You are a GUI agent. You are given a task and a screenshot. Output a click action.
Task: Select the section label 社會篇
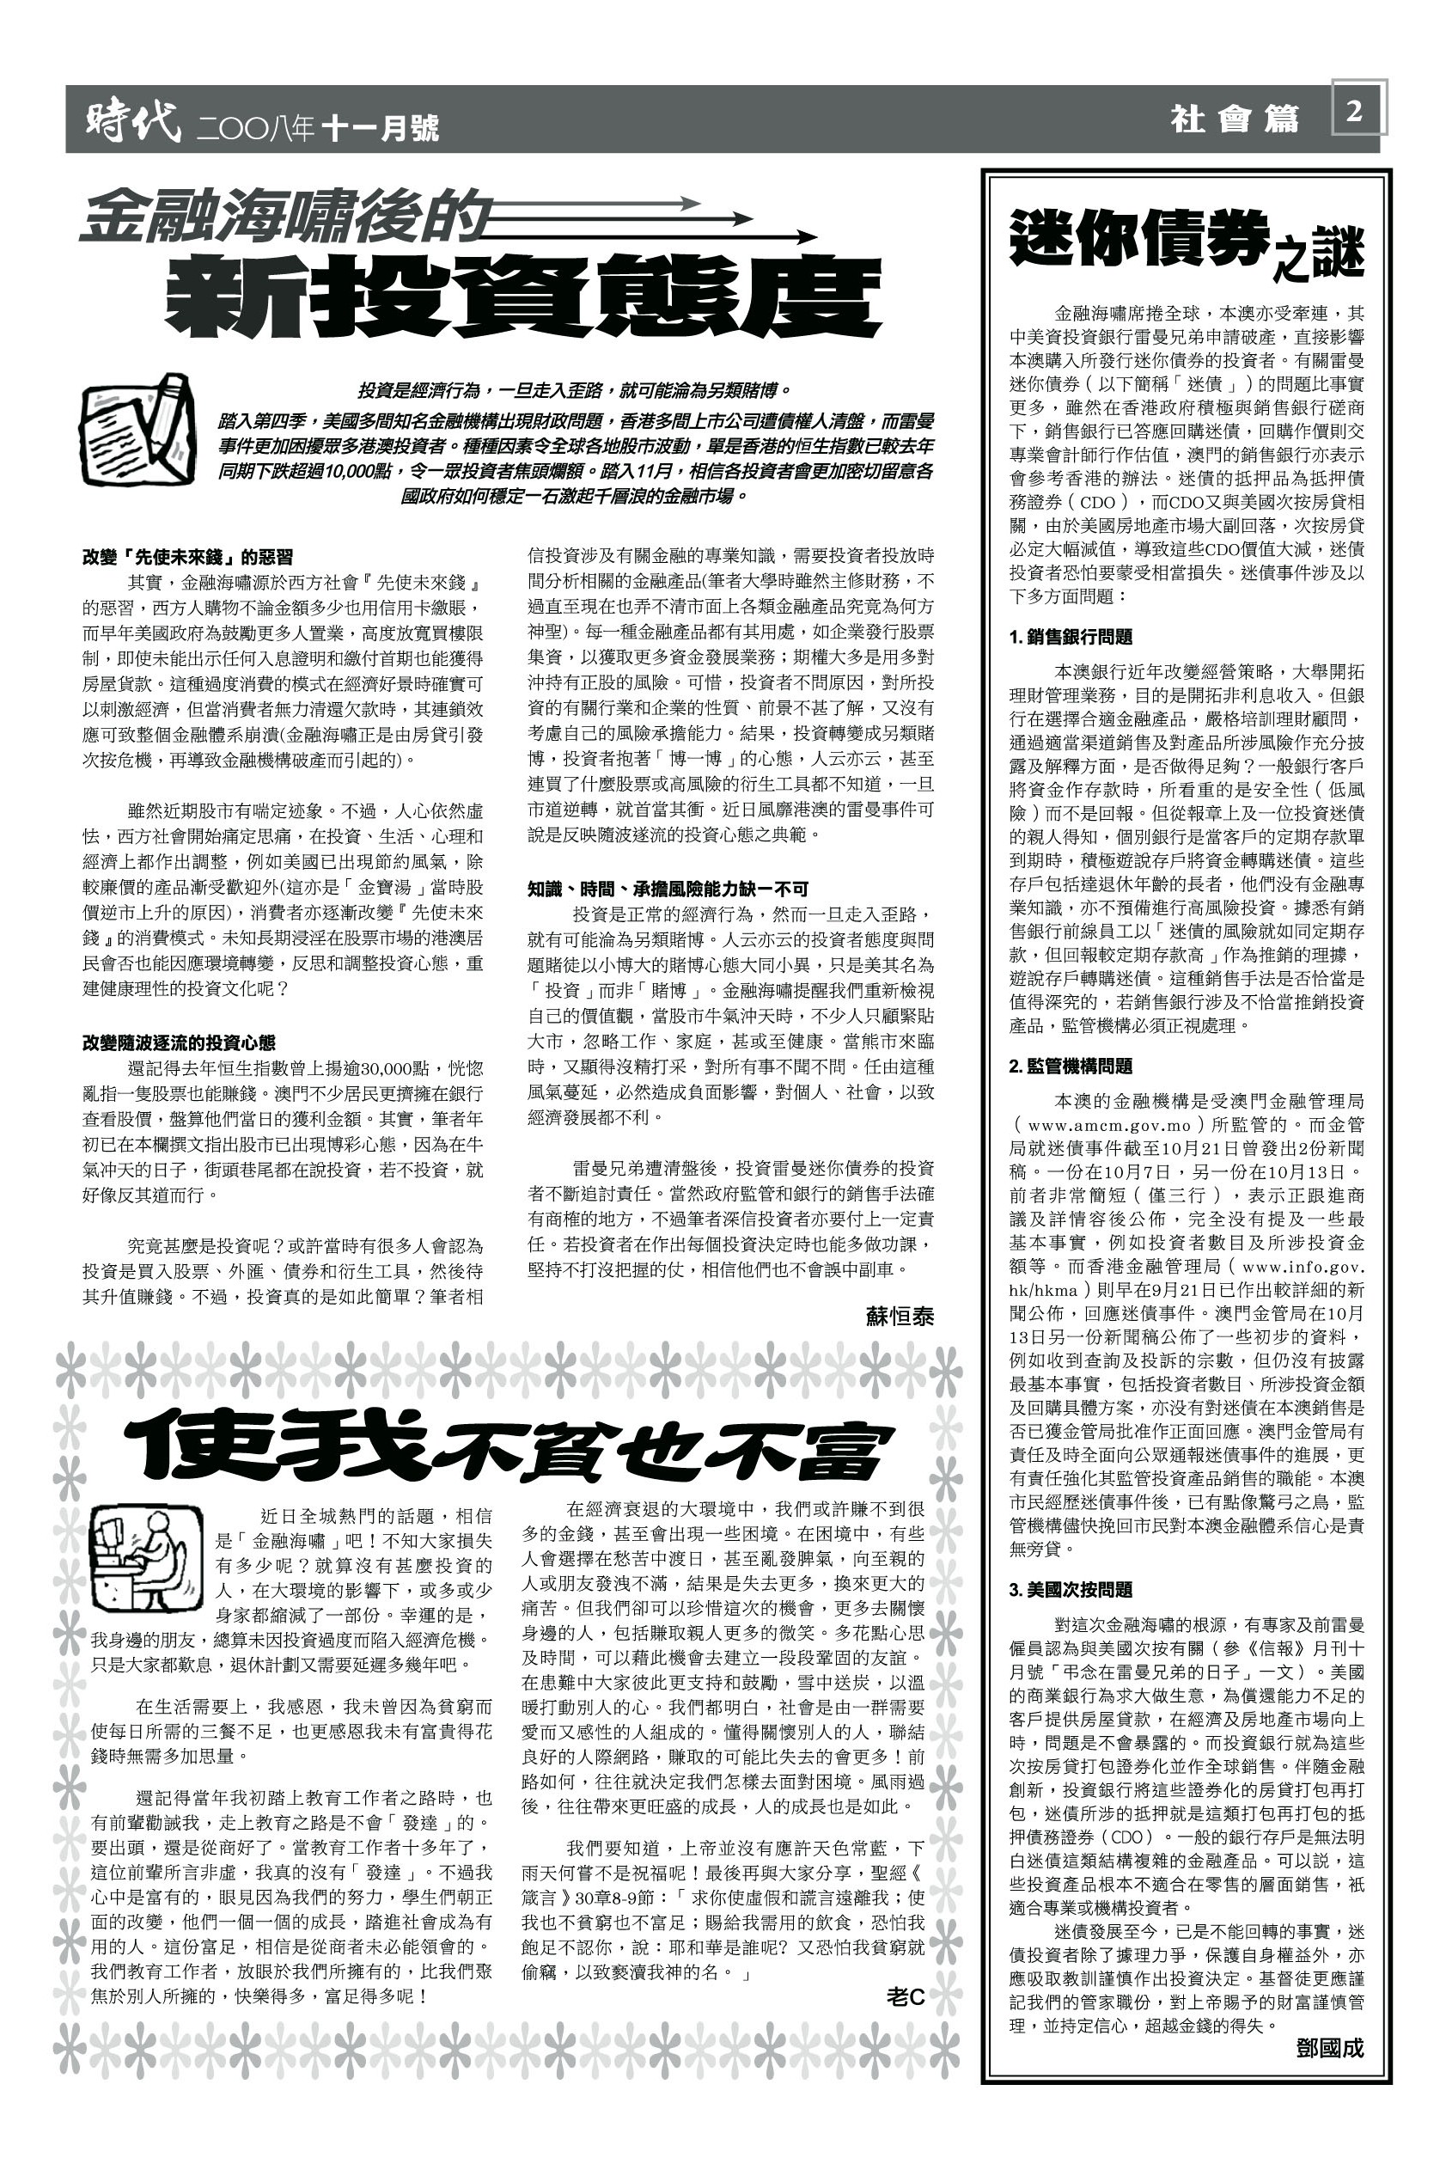(1234, 119)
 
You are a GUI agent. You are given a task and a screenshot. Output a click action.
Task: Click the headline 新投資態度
(522, 295)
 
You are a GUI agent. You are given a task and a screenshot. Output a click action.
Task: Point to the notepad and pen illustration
(137, 431)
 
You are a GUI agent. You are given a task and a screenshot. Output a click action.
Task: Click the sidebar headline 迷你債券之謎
(1186, 241)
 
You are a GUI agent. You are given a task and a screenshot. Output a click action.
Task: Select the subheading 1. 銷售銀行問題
(1071, 638)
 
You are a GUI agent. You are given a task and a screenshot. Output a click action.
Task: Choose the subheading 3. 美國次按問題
(1071, 1589)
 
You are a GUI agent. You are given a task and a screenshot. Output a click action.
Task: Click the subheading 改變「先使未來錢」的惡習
(188, 557)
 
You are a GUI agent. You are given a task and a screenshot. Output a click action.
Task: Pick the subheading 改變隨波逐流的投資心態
(179, 1043)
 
